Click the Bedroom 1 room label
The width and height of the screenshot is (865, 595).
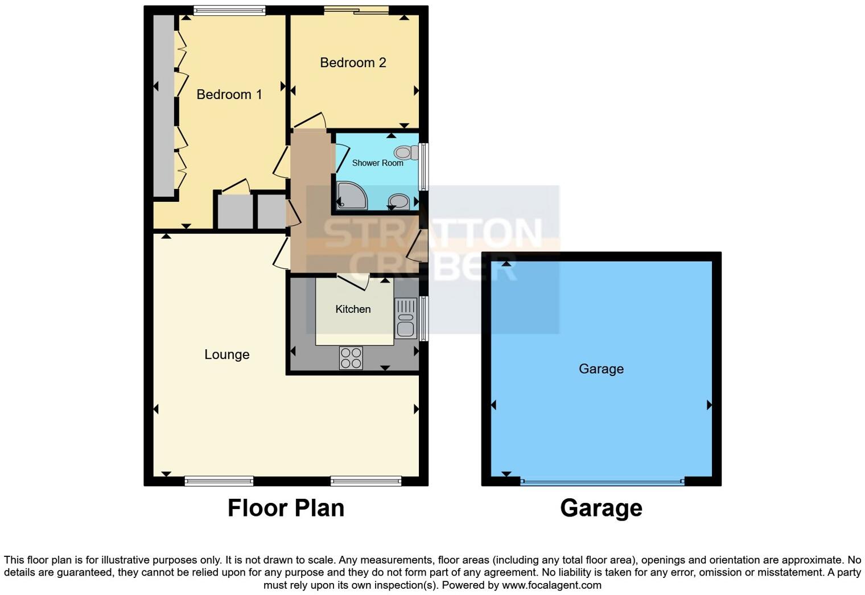tap(229, 94)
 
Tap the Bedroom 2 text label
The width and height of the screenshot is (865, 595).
tap(353, 63)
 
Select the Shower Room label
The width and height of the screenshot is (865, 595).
tap(377, 163)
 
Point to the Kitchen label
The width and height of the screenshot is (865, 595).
tap(353, 309)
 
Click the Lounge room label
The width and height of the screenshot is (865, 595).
tap(226, 354)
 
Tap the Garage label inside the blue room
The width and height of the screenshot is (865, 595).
tap(601, 369)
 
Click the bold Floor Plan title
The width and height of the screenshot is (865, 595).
tap(286, 507)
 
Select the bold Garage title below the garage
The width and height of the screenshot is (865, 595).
tap(601, 507)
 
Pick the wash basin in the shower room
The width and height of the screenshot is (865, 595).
tap(399, 201)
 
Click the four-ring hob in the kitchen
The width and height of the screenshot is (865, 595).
tap(351, 358)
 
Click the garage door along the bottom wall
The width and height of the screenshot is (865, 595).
tap(602, 482)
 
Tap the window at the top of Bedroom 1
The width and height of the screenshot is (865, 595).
tap(229, 10)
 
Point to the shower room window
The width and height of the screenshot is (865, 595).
tap(424, 166)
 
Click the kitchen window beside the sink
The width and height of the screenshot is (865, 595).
tap(423, 318)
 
